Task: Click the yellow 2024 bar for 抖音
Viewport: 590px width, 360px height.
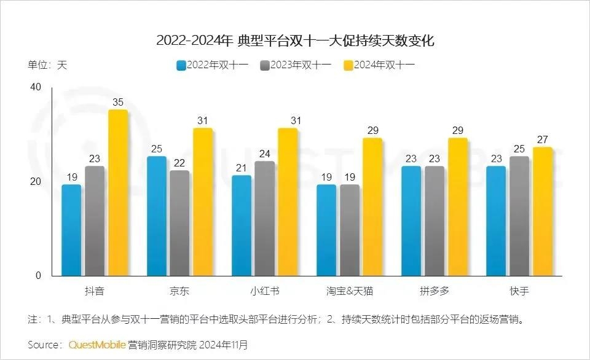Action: [x=118, y=193]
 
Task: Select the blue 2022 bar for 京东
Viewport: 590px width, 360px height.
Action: [x=156, y=216]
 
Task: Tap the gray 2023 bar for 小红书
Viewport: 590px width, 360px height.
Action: [x=265, y=219]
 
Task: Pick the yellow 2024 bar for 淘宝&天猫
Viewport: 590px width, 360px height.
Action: [x=372, y=207]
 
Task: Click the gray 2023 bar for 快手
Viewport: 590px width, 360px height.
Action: [x=519, y=216]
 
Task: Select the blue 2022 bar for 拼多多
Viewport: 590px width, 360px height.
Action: [x=411, y=221]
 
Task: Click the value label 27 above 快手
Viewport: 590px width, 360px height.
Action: [x=542, y=139]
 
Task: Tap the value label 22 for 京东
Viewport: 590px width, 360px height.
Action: [x=179, y=163]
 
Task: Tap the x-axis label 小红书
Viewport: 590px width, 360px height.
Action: [x=264, y=291]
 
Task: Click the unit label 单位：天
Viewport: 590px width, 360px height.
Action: [x=47, y=65]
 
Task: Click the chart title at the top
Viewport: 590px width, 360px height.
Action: [x=295, y=41]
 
